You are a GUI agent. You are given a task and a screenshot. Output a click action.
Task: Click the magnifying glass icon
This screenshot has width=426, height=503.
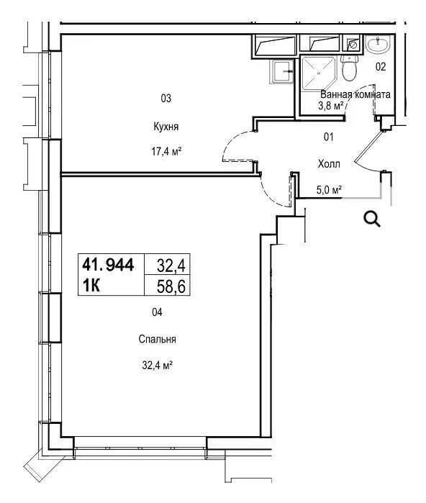coord(372,219)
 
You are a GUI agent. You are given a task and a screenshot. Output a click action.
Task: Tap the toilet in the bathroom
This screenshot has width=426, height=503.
coord(349,68)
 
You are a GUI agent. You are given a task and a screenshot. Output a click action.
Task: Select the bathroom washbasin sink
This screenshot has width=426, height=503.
coord(379,44)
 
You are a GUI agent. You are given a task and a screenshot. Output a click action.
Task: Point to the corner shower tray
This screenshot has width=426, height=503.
coord(318,73)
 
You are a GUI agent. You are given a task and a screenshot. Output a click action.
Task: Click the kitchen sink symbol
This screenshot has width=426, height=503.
coord(283,71)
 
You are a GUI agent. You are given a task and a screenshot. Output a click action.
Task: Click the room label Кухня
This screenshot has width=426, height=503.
coord(166,127)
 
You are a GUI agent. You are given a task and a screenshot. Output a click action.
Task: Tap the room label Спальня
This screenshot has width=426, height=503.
coord(157,339)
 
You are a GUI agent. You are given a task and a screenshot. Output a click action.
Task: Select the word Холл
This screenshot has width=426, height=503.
coord(329,164)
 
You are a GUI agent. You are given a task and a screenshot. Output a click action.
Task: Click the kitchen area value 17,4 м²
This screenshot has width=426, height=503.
coord(166,151)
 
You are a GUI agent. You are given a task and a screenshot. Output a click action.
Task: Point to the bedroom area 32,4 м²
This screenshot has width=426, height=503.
coord(158,365)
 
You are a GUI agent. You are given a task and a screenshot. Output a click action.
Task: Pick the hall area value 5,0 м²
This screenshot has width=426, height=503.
coord(329,190)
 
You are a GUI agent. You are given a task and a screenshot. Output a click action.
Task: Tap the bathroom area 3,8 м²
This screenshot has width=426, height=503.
coord(331,106)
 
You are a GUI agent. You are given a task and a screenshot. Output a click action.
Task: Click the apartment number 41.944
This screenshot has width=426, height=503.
coord(108,265)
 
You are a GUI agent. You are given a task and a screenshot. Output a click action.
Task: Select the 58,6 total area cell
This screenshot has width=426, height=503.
coord(171,286)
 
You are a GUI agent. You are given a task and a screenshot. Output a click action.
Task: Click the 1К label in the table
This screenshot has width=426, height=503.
coord(91,285)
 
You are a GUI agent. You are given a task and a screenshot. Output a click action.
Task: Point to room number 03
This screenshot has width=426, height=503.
coord(166,98)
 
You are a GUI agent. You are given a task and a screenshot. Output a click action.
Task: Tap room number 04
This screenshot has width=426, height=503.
coord(157,312)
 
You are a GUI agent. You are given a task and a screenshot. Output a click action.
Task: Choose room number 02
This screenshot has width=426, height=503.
coord(381,67)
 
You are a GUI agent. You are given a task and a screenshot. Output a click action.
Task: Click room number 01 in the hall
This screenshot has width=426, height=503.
coord(328,137)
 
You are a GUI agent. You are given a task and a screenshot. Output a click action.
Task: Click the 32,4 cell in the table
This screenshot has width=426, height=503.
coord(171,266)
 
